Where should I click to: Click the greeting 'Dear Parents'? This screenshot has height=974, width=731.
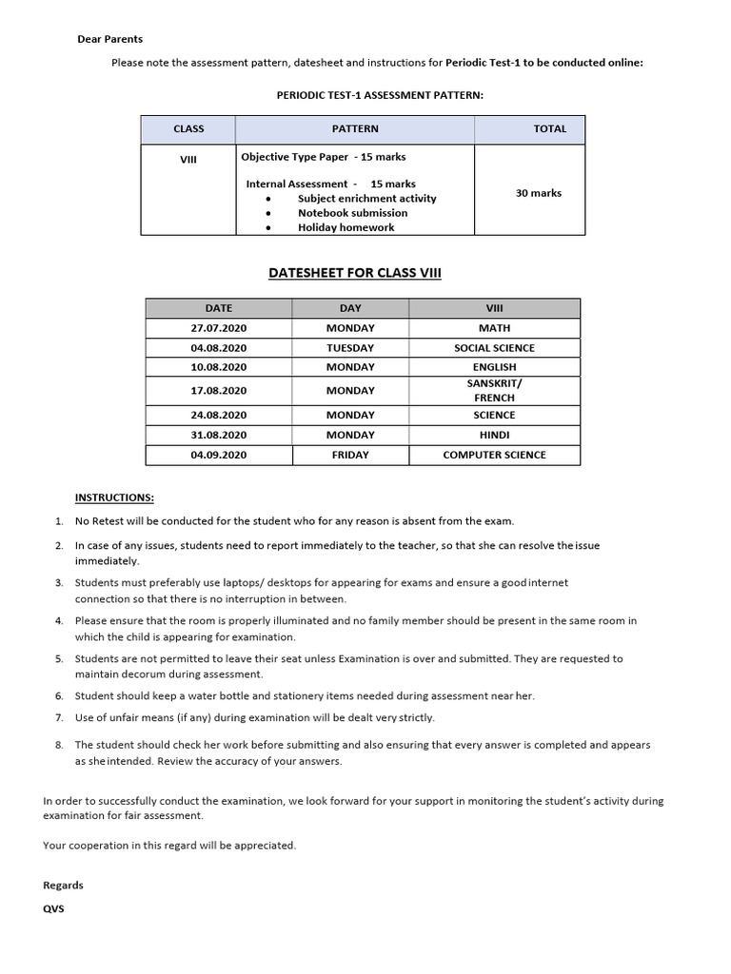(109, 39)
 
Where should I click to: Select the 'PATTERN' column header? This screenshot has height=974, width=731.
(355, 128)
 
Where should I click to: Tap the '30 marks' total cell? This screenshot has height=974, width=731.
(539, 193)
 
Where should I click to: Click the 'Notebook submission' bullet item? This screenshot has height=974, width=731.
(352, 213)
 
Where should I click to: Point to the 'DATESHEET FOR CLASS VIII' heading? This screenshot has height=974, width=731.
(356, 274)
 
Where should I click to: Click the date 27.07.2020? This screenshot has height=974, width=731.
(219, 328)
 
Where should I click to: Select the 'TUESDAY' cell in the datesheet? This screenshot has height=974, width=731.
(350, 348)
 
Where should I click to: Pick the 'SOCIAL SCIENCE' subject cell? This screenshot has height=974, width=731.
(494, 348)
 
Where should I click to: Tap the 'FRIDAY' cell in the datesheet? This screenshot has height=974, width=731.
(350, 456)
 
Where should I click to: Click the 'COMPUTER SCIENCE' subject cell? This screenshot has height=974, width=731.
(494, 456)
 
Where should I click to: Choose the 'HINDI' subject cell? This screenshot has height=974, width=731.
(494, 435)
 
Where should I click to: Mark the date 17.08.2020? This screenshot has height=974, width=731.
(219, 391)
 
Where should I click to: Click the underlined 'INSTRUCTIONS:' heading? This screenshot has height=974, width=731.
(114, 497)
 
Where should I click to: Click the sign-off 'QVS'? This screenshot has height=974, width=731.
(53, 907)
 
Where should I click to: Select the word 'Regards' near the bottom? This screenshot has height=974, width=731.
(63, 885)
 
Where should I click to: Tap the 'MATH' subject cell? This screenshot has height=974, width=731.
(494, 328)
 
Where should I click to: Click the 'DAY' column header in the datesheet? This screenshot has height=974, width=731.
(350, 308)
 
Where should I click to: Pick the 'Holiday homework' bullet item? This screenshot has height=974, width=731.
(346, 227)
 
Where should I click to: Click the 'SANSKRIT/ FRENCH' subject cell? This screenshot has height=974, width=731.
(494, 390)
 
